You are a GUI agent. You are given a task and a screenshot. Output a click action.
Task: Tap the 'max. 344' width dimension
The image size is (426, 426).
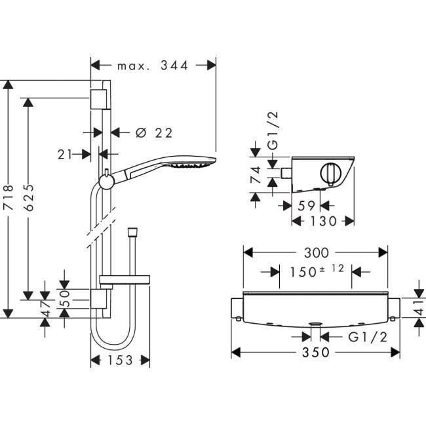point(153,66)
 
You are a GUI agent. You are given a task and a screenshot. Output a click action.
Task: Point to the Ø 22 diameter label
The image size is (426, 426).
point(154,133)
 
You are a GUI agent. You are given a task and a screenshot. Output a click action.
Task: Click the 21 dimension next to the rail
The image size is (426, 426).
point(65,155)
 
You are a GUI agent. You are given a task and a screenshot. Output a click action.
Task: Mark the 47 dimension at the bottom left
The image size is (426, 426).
point(46,308)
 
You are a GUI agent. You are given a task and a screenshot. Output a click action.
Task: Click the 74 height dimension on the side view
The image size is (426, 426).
point(256,175)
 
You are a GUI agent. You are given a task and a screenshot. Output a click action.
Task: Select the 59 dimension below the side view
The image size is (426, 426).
point(306,205)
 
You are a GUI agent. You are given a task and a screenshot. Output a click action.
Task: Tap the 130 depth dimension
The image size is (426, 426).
point(323,222)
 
